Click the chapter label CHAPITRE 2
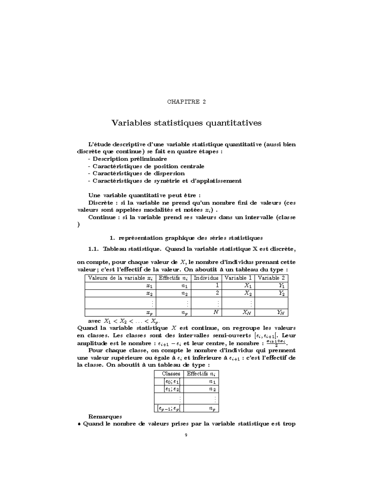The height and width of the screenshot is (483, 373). coord(186,102)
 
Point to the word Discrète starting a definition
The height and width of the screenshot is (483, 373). coord(100,203)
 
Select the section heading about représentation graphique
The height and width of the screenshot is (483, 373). coord(186,238)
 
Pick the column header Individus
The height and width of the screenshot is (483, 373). coord(206,278)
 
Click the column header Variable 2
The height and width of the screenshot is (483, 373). coord(271,278)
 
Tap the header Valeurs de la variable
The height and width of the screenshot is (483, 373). coord(120,278)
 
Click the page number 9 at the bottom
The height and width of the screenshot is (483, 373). coord(186,435)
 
